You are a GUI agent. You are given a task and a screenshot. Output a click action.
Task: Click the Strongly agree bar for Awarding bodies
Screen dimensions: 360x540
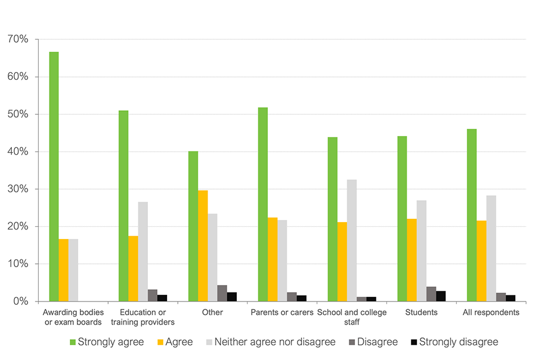(54, 177)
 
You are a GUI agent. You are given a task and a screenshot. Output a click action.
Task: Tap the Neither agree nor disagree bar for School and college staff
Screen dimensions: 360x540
(352, 240)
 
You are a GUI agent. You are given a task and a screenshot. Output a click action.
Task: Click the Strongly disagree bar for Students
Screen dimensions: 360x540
(440, 296)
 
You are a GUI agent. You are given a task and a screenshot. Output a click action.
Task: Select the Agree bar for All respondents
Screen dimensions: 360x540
(481, 261)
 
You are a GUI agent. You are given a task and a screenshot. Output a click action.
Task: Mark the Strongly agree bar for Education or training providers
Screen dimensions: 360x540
(123, 206)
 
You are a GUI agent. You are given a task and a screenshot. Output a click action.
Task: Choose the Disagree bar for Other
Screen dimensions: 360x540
(222, 293)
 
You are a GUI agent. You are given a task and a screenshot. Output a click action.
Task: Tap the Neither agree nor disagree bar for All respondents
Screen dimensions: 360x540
(491, 248)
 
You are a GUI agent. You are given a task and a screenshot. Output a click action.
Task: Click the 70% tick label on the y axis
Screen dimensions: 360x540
(17, 39)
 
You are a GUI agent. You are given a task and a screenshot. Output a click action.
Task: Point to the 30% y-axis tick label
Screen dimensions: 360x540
(17, 189)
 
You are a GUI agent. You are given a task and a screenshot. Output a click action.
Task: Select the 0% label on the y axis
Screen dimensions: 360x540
(20, 301)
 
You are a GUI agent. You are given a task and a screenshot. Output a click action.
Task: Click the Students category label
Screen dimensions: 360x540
(421, 312)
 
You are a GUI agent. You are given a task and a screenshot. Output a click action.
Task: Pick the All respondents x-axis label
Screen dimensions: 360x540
(491, 312)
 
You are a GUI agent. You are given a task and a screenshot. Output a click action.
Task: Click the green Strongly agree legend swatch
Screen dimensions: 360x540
(72, 342)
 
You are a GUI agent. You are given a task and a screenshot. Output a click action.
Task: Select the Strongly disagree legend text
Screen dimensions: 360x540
(458, 342)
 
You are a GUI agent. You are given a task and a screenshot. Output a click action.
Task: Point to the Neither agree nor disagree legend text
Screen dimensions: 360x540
(275, 342)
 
